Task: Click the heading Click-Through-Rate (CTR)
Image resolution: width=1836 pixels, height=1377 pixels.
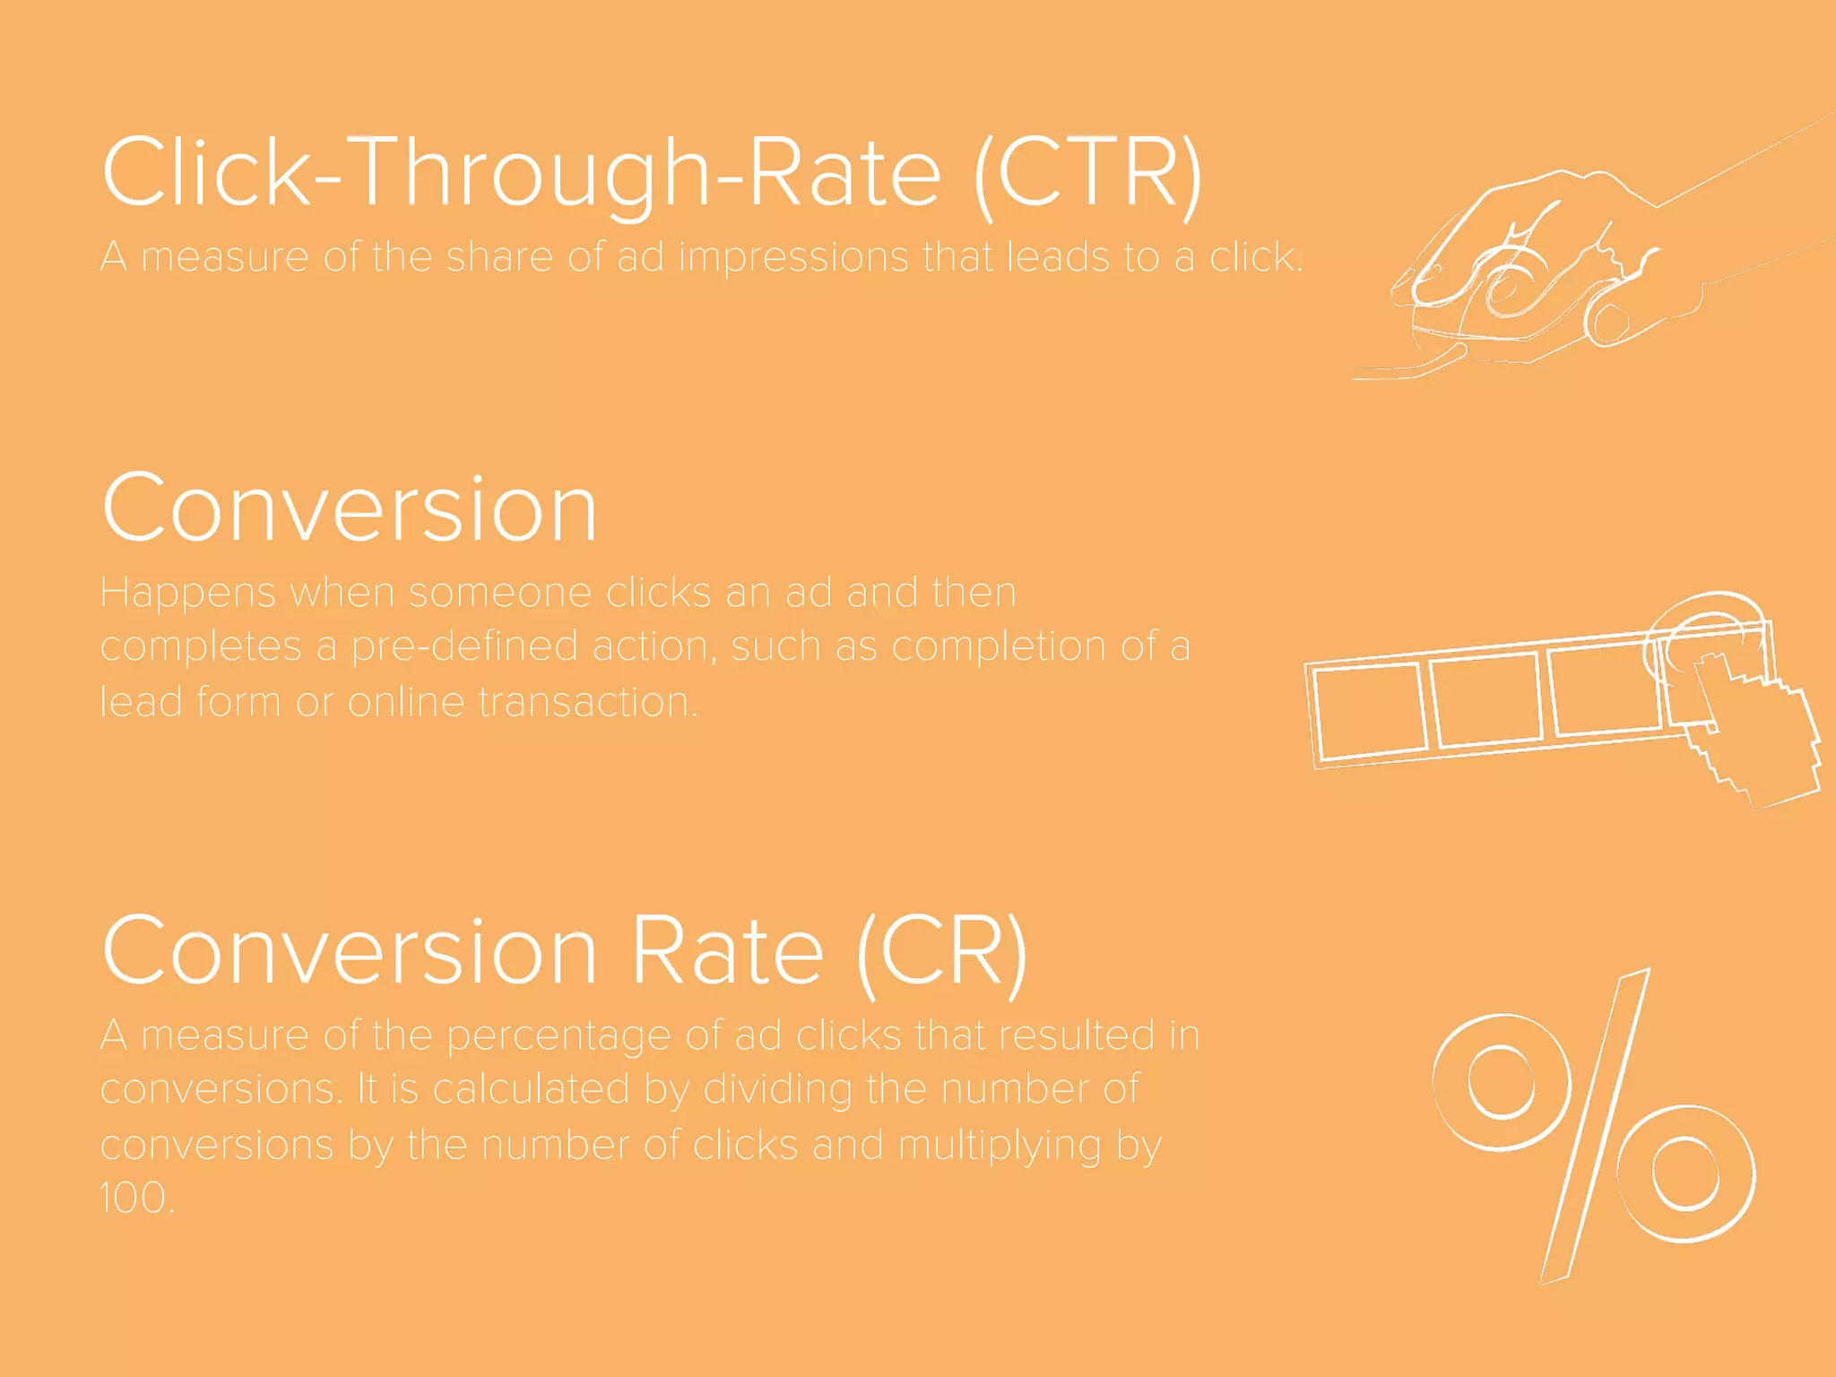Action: (x=652, y=172)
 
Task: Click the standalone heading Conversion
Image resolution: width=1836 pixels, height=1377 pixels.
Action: (x=350, y=508)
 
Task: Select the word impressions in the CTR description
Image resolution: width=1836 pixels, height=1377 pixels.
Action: (x=792, y=257)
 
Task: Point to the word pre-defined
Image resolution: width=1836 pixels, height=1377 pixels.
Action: (x=464, y=647)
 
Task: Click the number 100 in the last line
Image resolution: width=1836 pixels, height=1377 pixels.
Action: (x=135, y=1199)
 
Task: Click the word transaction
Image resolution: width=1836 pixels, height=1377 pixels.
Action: (x=586, y=702)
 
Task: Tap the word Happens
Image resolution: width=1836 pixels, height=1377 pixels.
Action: (x=187, y=593)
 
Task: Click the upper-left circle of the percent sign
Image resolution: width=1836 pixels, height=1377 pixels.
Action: (x=1502, y=1082)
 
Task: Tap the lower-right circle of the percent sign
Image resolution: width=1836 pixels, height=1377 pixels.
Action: (x=1685, y=1173)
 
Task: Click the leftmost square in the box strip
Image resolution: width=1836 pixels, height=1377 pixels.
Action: (x=1369, y=712)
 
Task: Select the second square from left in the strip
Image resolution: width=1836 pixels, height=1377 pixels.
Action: (x=1485, y=698)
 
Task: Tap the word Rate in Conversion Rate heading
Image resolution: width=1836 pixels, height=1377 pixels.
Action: (x=727, y=952)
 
